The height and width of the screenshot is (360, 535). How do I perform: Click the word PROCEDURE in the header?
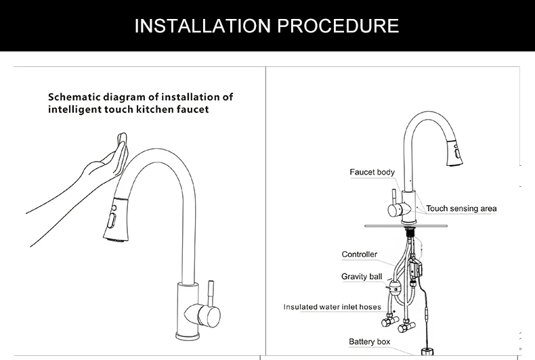point(338,26)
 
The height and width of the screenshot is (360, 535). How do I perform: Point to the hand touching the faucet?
point(102,165)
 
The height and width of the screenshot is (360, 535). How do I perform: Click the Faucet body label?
point(372,173)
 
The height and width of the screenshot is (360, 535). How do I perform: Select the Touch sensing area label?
point(461,208)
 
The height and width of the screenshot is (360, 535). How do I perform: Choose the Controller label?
point(359,254)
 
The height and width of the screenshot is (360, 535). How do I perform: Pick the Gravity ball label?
point(362,277)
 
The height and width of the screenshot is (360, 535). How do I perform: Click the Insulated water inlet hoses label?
point(332,307)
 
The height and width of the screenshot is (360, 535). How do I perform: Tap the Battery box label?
point(369,342)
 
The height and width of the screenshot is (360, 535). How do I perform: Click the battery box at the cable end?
point(428,353)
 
